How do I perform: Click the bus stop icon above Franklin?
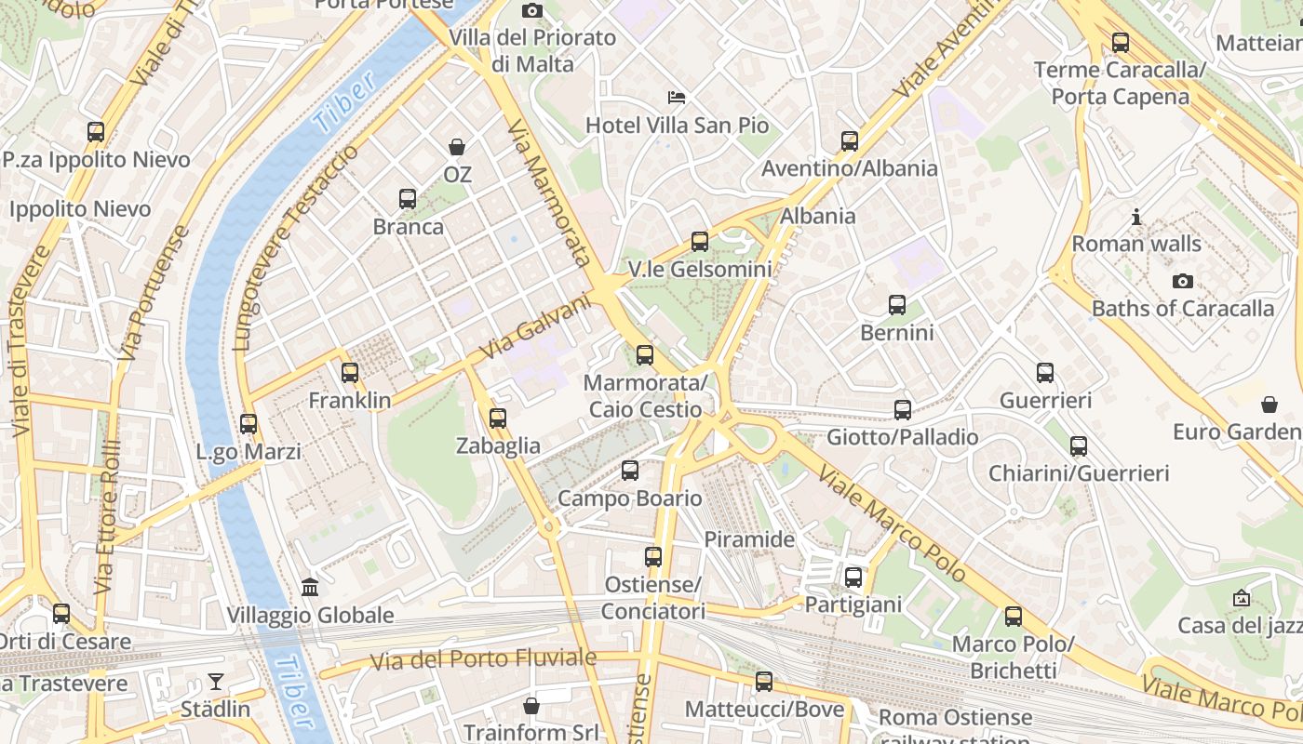(x=350, y=373)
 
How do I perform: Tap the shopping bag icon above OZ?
(x=457, y=147)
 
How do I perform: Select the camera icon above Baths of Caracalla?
(x=1182, y=281)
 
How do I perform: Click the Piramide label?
(x=749, y=539)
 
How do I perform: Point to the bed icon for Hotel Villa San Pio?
(x=677, y=98)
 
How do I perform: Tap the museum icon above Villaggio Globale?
(x=310, y=588)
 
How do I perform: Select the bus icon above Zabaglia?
(x=498, y=418)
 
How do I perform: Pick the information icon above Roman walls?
(x=1136, y=217)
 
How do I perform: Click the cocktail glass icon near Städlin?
(x=216, y=682)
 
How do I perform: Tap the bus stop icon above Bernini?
(x=897, y=305)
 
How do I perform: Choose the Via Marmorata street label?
(x=550, y=193)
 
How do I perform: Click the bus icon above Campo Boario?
(x=630, y=471)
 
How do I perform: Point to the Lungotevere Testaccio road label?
(x=296, y=247)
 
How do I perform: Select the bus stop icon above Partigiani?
(x=853, y=578)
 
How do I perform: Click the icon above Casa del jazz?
(x=1241, y=598)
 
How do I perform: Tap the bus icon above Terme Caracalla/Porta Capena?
(x=1121, y=43)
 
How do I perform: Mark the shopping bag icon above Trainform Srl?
(x=531, y=706)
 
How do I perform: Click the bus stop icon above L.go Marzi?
(x=249, y=424)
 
